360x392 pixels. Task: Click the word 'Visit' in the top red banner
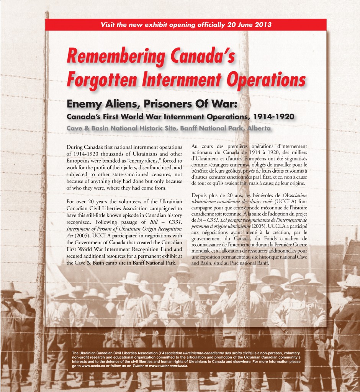pyautogui.click(x=108, y=25)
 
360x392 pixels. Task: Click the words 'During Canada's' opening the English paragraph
pyautogui.click(x=87, y=147)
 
